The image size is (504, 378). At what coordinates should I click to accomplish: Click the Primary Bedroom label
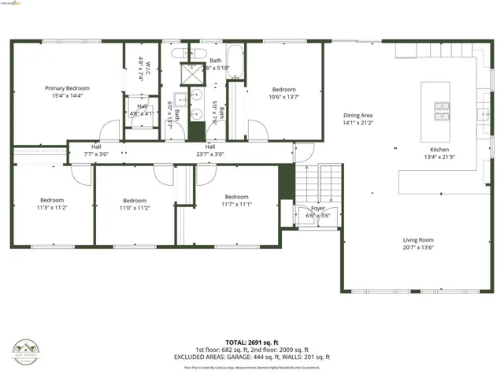67,91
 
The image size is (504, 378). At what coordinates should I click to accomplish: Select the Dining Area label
358,119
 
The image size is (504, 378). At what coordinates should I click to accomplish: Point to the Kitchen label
439,154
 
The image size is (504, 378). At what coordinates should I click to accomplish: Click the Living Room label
418,243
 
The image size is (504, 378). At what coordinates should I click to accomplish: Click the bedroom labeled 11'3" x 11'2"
52,204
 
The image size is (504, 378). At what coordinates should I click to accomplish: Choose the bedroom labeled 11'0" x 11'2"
135,204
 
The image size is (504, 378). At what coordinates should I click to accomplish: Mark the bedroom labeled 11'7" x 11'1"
236,201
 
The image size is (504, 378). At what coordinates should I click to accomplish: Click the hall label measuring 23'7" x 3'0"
210,150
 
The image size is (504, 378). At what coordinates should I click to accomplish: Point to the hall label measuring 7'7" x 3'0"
96,150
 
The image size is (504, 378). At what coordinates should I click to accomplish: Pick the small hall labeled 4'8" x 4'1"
142,110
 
